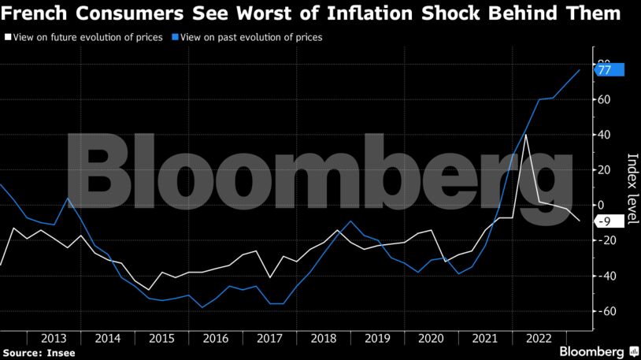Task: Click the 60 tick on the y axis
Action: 604,99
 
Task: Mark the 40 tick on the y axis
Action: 604,135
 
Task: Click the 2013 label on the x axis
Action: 54,338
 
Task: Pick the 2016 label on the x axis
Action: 215,338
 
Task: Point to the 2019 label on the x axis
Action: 377,338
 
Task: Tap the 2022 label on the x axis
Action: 539,338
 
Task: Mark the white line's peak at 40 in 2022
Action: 525,135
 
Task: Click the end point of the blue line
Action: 580,70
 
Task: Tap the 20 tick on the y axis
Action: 604,170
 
